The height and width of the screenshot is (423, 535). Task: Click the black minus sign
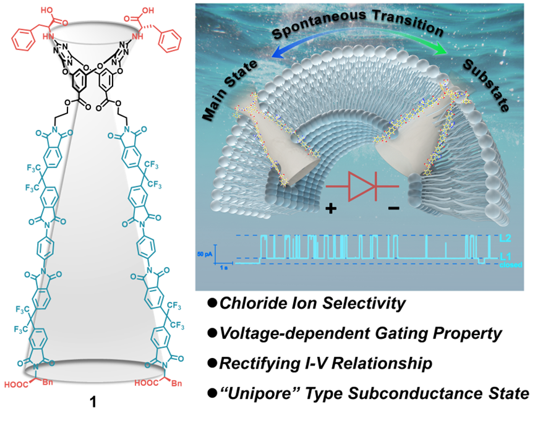click(393, 209)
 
